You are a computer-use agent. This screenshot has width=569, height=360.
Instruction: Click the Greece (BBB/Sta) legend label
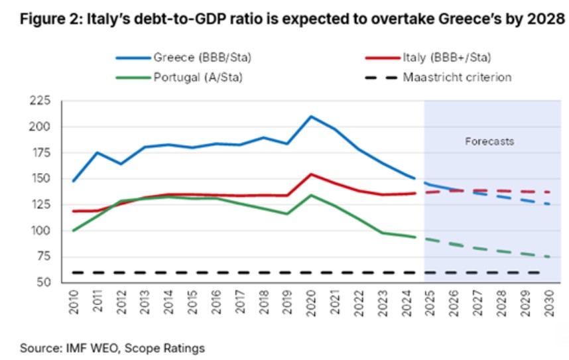coord(202,57)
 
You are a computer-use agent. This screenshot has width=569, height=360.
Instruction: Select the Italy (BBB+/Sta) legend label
coord(447,57)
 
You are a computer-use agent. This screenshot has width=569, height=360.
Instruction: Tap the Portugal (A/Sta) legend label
coord(198,77)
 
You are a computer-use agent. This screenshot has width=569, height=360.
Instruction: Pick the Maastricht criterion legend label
coord(457,77)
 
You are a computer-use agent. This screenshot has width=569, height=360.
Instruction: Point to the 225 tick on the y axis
coord(41,101)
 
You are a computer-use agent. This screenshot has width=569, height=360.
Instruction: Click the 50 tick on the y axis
coord(44,283)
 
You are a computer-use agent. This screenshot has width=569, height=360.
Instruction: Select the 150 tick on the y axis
coord(41,179)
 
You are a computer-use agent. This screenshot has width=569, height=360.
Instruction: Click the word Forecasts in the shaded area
coord(490,141)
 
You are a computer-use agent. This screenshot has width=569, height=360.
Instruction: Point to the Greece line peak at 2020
coord(312,117)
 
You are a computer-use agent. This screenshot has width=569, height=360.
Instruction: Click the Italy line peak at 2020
coord(312,174)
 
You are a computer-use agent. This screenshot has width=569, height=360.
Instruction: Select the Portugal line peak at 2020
coord(312,195)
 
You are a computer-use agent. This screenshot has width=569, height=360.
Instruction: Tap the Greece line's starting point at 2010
coord(73,180)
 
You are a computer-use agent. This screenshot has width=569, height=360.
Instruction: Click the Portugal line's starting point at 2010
coord(73,230)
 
